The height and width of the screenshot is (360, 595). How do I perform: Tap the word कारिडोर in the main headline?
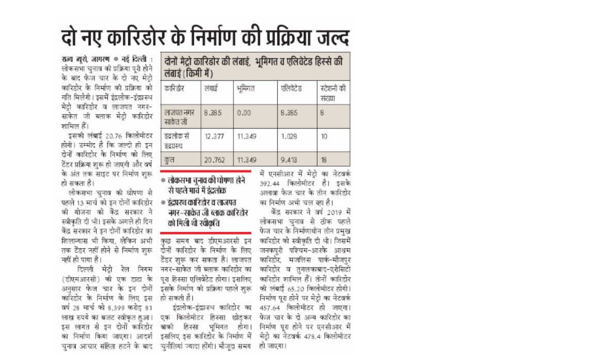pyautogui.click(x=136, y=37)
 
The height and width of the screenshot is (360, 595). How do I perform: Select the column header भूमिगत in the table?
pyautogui.click(x=246, y=89)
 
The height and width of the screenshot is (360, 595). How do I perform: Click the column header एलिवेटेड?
pyautogui.click(x=292, y=89)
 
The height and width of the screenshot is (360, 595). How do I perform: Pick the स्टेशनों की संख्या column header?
pyautogui.click(x=333, y=93)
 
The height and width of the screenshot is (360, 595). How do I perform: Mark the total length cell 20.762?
pyautogui.click(x=214, y=161)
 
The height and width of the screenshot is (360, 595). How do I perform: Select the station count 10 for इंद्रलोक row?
pyautogui.click(x=323, y=136)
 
